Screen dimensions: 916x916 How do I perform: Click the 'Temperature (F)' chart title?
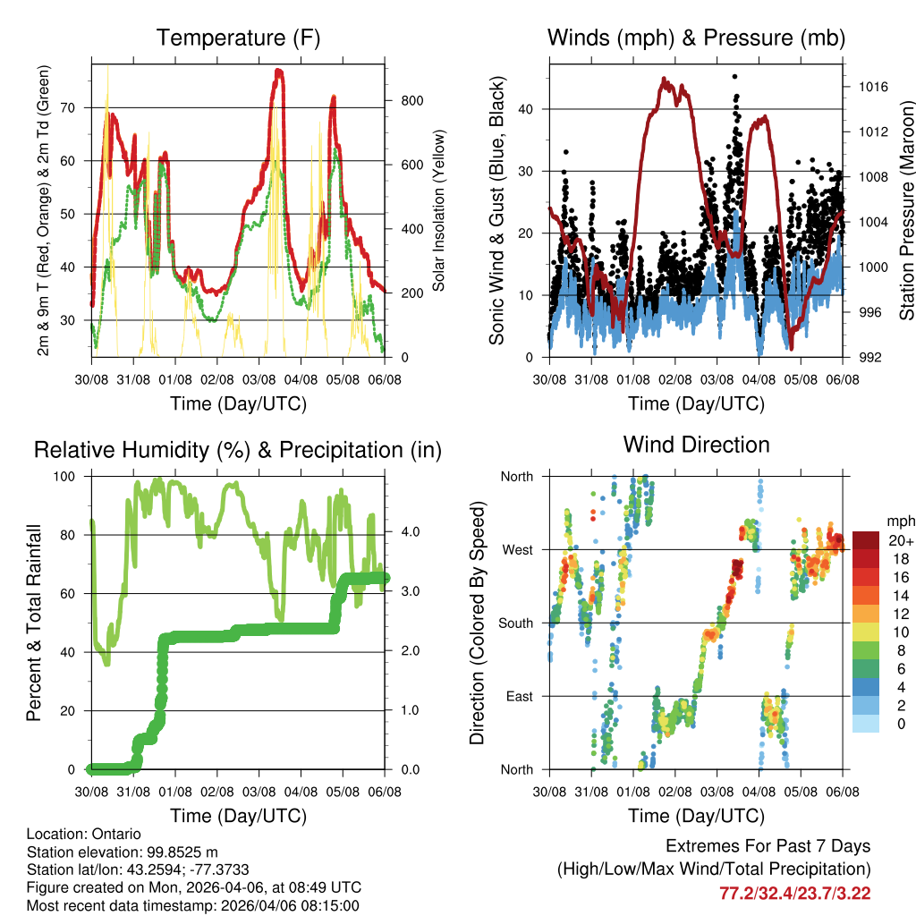tap(238, 38)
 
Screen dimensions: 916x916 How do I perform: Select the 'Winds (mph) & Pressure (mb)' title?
tap(697, 38)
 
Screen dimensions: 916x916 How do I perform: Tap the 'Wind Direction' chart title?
tap(696, 445)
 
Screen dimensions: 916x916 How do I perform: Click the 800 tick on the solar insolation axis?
tap(411, 100)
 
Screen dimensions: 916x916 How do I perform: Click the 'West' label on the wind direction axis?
tap(516, 549)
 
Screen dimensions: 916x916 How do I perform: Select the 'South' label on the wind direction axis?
tap(514, 623)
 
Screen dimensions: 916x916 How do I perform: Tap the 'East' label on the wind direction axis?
tap(518, 696)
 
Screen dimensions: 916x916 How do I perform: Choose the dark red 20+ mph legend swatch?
tap(868, 539)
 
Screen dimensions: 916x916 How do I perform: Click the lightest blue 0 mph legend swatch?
tap(868, 725)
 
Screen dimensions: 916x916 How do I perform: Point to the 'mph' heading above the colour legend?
tap(898, 521)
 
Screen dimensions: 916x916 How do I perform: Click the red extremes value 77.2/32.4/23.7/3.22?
tap(794, 893)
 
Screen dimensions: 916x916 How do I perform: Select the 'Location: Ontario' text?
tap(81, 834)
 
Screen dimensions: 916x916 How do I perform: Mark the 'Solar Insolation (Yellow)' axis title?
tap(439, 210)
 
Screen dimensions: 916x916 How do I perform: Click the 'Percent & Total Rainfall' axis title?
tap(34, 623)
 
